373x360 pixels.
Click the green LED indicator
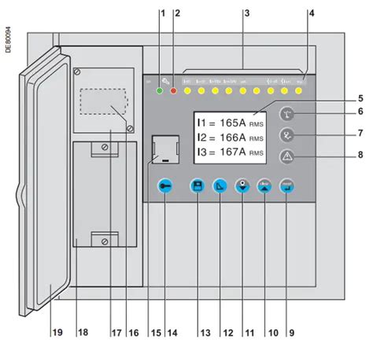point(161,92)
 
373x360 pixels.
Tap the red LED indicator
point(175,92)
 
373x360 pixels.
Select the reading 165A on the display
point(233,123)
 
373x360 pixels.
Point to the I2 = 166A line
point(228,138)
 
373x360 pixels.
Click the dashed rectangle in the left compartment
point(102,103)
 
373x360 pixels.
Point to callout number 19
point(57,332)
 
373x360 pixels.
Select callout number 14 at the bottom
point(171,332)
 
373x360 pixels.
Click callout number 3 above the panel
point(246,13)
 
